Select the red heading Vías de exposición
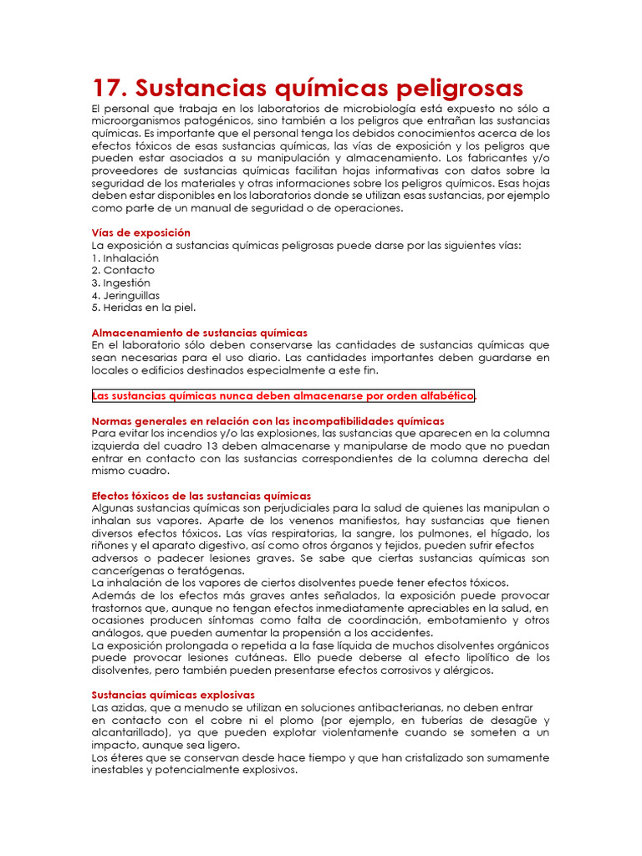(x=140, y=232)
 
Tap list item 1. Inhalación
(x=125, y=258)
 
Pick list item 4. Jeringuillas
(x=125, y=295)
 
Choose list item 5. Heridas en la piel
(x=143, y=307)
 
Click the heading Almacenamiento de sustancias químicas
(x=199, y=332)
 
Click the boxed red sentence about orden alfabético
(x=283, y=395)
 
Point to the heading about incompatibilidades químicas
(x=267, y=420)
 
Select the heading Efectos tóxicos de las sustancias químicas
(x=201, y=496)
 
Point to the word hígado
(x=504, y=533)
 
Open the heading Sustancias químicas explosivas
(x=173, y=695)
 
